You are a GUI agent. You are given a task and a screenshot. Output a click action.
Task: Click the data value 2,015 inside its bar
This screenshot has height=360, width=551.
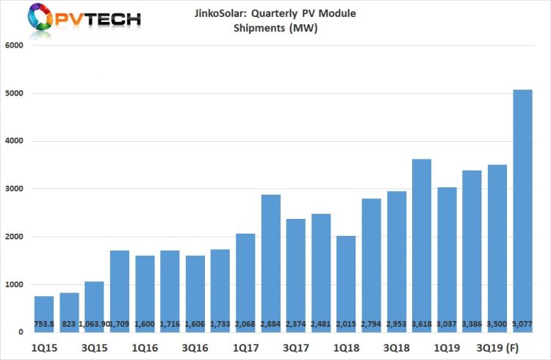346,324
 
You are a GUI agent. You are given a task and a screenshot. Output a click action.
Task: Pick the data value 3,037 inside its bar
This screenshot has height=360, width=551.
447,324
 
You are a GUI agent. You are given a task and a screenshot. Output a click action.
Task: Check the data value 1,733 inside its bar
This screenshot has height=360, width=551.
220,324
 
